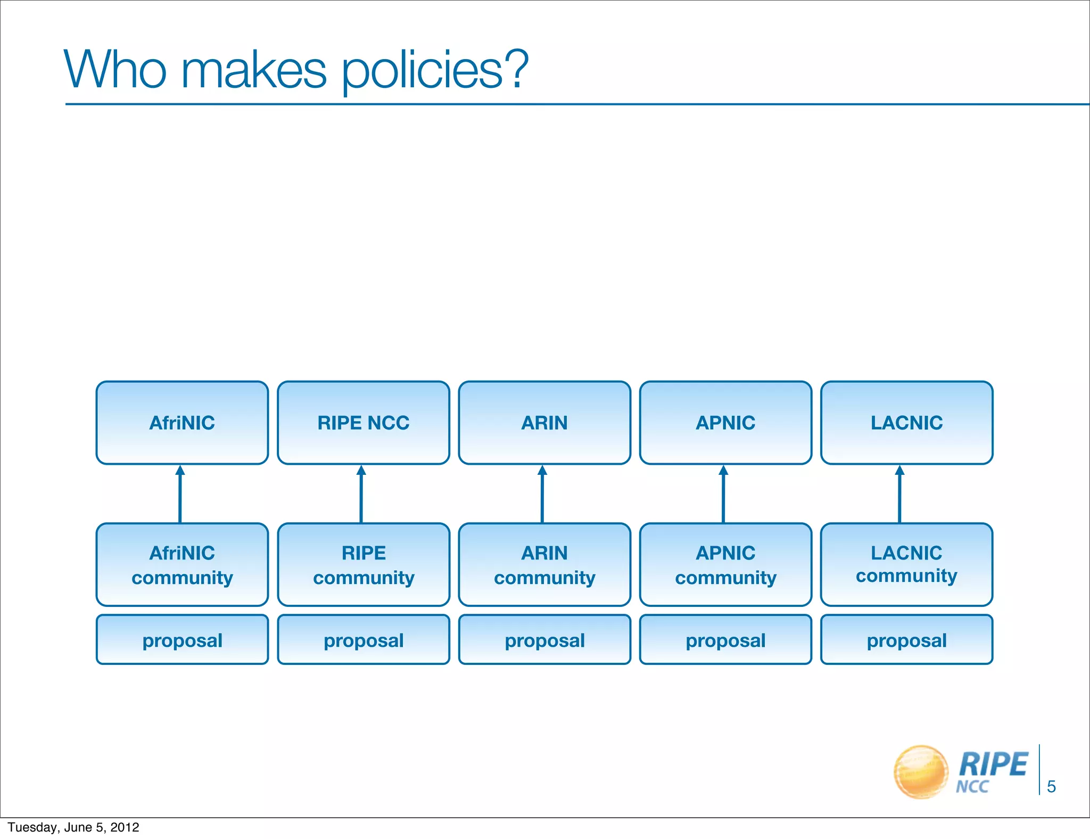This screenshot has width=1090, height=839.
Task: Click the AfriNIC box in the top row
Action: (182, 423)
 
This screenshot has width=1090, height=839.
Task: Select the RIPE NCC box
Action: (364, 423)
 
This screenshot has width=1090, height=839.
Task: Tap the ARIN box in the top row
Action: (544, 423)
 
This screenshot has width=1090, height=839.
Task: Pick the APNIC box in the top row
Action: (725, 423)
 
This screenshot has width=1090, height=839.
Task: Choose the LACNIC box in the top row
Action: (906, 423)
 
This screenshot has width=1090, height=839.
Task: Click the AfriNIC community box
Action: (182, 565)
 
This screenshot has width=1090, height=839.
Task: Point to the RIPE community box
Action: (364, 565)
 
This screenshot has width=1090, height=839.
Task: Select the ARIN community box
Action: (544, 565)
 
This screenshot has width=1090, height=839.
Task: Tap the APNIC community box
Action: (725, 565)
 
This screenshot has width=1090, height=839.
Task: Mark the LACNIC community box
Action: (906, 565)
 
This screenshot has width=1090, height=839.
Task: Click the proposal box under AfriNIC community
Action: (182, 640)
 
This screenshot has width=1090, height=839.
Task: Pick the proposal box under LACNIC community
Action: (906, 640)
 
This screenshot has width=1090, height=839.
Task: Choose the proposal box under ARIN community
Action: (544, 640)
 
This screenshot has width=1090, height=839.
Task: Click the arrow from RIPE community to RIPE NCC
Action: (361, 495)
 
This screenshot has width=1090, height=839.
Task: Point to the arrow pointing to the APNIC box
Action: (723, 495)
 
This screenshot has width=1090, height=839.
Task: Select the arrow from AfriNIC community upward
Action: (180, 495)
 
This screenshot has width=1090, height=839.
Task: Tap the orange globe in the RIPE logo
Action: (921, 771)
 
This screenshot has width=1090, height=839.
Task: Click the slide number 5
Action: (1051, 786)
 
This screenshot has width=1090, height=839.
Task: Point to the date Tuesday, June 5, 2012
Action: (73, 827)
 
